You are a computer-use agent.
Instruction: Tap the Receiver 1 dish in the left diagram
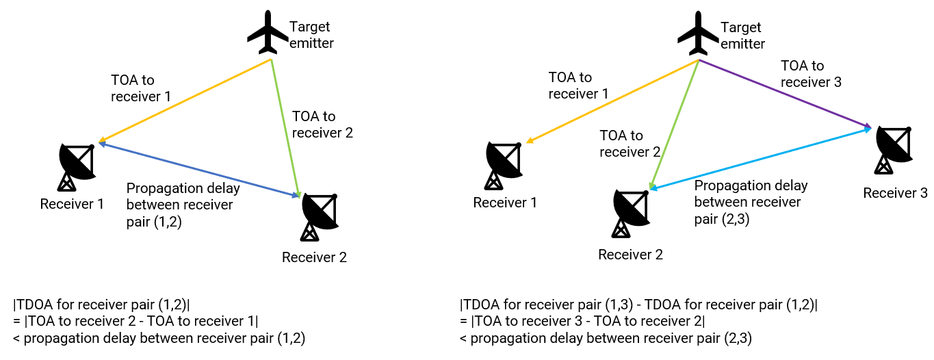(x=77, y=166)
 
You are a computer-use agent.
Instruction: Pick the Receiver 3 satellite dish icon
(x=893, y=149)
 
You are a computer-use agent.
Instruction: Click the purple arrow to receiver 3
(x=784, y=93)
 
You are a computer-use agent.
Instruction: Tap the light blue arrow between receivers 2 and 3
(x=760, y=157)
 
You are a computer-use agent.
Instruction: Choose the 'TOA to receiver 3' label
(x=811, y=74)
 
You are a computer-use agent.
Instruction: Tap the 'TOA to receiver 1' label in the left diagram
(x=140, y=88)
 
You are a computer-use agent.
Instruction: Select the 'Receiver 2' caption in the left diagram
(x=314, y=257)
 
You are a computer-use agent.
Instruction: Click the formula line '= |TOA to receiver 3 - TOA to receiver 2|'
(x=582, y=321)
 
